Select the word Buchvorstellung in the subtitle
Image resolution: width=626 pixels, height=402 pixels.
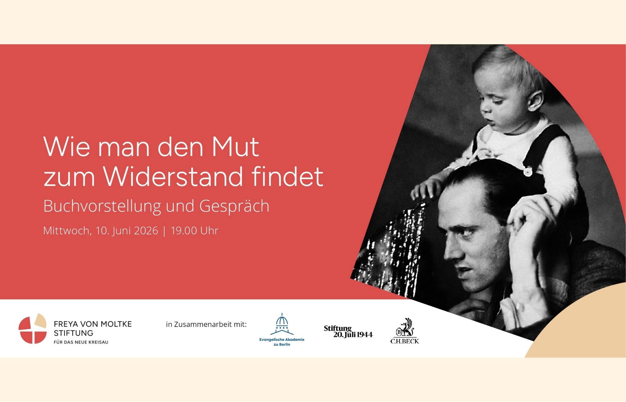(x=102, y=206)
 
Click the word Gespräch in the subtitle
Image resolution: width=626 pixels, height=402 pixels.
(x=234, y=206)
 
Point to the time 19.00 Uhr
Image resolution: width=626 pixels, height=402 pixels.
(x=194, y=231)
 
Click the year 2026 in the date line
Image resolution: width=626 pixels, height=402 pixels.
(x=146, y=231)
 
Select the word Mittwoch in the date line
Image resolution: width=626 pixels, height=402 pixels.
(x=67, y=231)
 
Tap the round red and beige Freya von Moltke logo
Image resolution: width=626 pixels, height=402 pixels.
(x=32, y=328)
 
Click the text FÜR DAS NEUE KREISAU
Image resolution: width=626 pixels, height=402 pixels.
(x=81, y=342)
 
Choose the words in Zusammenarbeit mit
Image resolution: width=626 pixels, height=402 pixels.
(x=206, y=324)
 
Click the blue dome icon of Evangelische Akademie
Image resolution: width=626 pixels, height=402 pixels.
(x=282, y=324)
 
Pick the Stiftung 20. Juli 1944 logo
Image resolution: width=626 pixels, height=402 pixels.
(x=348, y=332)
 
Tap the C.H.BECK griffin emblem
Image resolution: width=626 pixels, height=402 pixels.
(x=405, y=327)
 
